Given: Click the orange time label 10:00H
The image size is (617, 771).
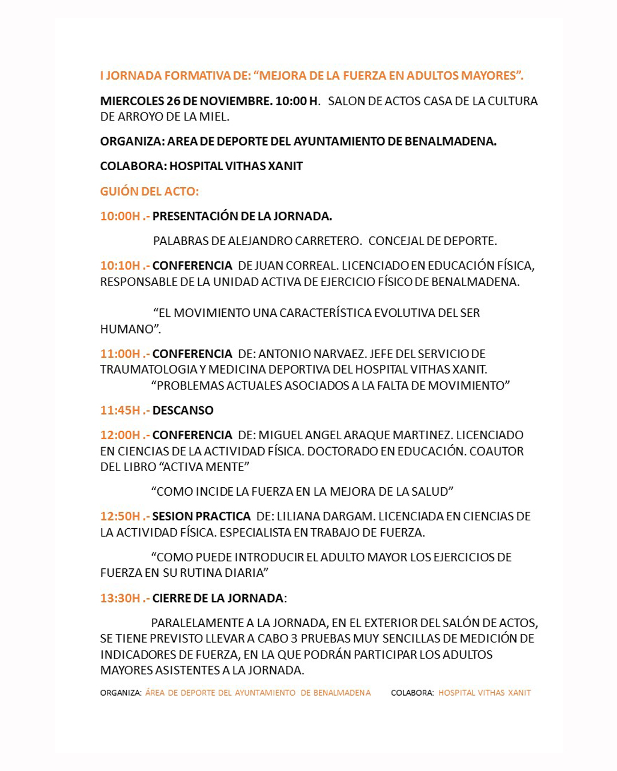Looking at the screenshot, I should pyautogui.click(x=120, y=216).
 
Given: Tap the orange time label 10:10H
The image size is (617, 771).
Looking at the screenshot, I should pyautogui.click(x=120, y=266).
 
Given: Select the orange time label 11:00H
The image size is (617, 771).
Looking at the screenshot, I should pyautogui.click(x=120, y=354).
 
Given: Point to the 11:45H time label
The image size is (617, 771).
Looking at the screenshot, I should pyautogui.click(x=120, y=411).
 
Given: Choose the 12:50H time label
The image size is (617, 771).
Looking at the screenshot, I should pyautogui.click(x=120, y=516).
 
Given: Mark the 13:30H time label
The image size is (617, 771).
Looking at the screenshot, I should pyautogui.click(x=120, y=599).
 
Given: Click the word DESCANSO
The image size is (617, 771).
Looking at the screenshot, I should pyautogui.click(x=183, y=411).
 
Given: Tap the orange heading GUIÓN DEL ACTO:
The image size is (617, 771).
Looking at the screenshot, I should pyautogui.click(x=150, y=192).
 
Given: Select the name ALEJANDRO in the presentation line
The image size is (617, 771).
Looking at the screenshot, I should pyautogui.click(x=257, y=241).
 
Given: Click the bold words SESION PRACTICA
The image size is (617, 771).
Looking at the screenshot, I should pyautogui.click(x=201, y=516).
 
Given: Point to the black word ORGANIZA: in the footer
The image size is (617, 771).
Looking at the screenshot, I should pyautogui.click(x=121, y=693).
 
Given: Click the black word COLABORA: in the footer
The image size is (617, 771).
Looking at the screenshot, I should pyautogui.click(x=412, y=693).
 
